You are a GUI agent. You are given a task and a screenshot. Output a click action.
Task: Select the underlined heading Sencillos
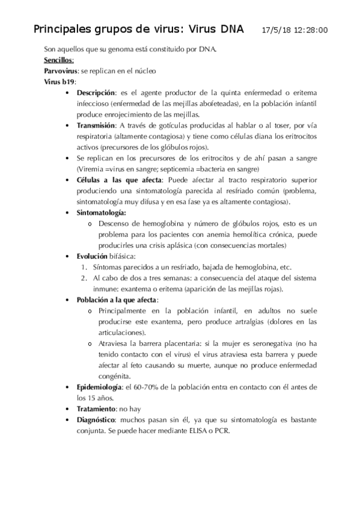(59, 60)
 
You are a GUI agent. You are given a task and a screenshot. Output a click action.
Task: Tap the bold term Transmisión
(96, 125)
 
